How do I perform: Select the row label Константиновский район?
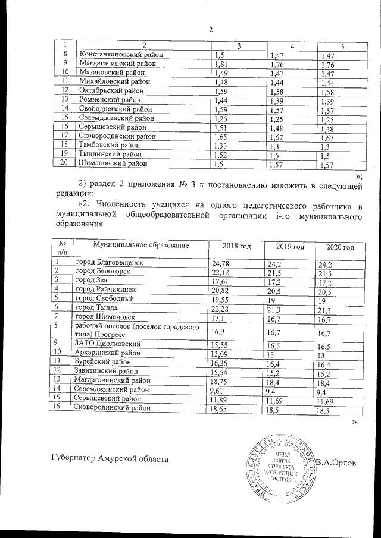point(121,55)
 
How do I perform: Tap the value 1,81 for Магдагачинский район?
point(221,64)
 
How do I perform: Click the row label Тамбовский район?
point(109,145)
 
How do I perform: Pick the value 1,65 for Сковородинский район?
point(221,136)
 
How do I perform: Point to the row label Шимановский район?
point(114,163)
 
